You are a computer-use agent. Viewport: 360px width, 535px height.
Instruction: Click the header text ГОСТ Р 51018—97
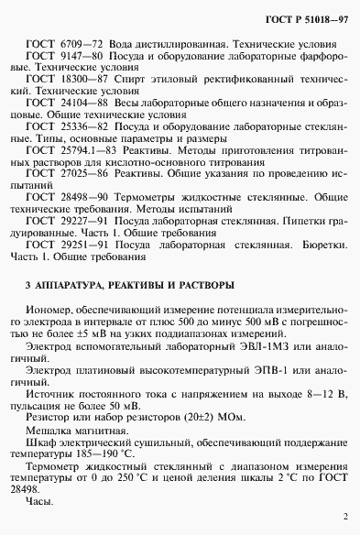pyautogui.click(x=307, y=18)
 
